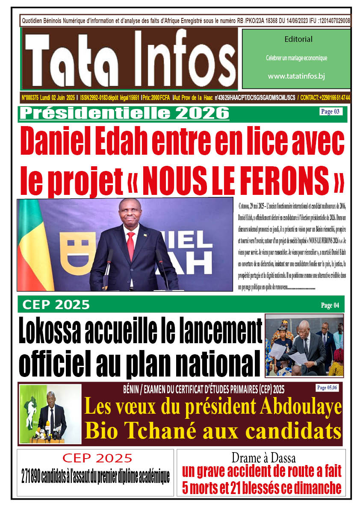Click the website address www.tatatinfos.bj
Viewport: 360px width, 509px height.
coord(296,76)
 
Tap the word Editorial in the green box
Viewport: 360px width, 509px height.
coord(298,39)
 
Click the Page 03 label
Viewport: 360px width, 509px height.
coord(330,112)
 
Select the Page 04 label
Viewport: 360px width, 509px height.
coord(330,305)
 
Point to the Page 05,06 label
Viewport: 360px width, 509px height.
coord(328,388)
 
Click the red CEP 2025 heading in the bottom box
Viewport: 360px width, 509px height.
coord(97,459)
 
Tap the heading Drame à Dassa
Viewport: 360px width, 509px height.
coord(263,459)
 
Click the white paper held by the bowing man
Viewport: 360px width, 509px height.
coord(278,350)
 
